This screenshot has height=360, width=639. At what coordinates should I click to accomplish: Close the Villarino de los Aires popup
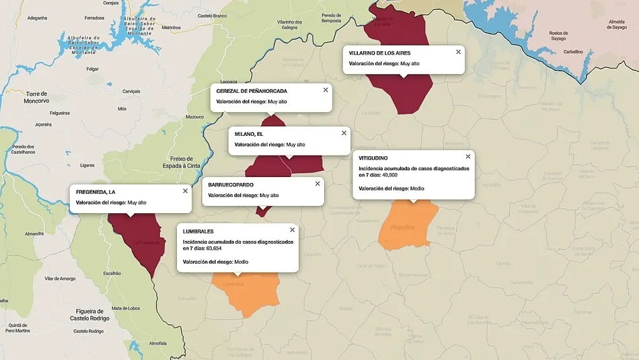pos(459,52)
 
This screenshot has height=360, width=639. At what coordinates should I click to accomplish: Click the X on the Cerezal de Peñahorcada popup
pos(326,89)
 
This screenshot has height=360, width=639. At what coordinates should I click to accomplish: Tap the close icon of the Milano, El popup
pos(344,133)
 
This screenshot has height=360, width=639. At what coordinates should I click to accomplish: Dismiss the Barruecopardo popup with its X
pos(317,183)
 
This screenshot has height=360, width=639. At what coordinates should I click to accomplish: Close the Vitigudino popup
pos(468,156)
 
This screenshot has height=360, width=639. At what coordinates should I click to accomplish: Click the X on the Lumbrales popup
pos(292,230)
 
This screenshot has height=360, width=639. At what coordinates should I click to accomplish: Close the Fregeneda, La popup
pos(185,190)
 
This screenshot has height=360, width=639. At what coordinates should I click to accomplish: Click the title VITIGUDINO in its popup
pos(373,158)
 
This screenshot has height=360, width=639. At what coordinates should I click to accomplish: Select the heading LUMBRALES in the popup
pos(198,231)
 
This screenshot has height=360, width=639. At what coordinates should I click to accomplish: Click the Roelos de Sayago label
pos(558,36)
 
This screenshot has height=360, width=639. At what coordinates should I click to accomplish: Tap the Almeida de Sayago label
pos(617,25)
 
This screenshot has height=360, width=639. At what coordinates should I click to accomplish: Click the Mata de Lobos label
pos(125,308)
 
